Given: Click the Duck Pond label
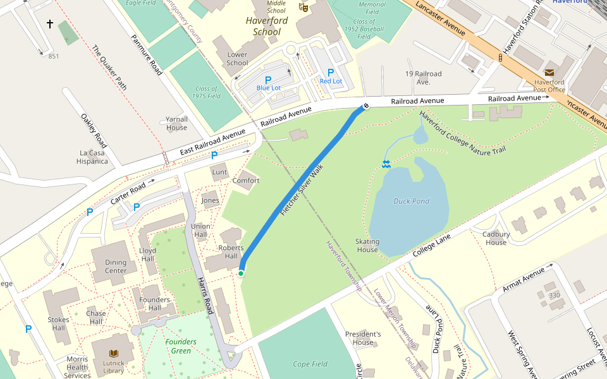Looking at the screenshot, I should (x=411, y=202).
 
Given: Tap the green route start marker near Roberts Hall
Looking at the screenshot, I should (x=241, y=273).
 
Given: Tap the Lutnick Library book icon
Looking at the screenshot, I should (x=114, y=354).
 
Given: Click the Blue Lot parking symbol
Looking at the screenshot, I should (x=268, y=80).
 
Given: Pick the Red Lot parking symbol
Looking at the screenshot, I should (x=331, y=73).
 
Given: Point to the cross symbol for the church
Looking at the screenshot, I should (x=50, y=24).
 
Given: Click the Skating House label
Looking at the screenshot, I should (x=367, y=246).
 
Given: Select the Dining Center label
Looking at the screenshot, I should (x=116, y=267).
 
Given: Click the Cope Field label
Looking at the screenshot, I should (x=310, y=364).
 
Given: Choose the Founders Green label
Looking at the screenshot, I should (x=181, y=346).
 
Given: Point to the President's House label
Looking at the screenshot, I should (x=363, y=338).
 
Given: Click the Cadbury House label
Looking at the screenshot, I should (x=496, y=238).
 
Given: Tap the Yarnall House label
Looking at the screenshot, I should (x=176, y=123).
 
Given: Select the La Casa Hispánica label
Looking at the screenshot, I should (x=93, y=157).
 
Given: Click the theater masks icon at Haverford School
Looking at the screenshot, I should (x=303, y=8).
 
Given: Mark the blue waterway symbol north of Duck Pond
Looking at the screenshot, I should (x=386, y=164).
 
